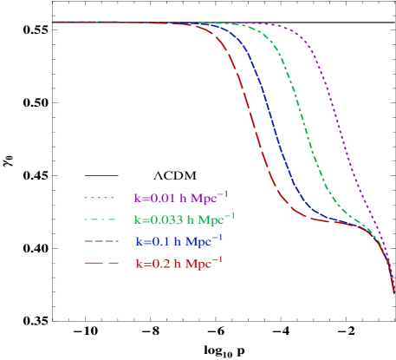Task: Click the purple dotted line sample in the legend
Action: [x=101, y=198]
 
